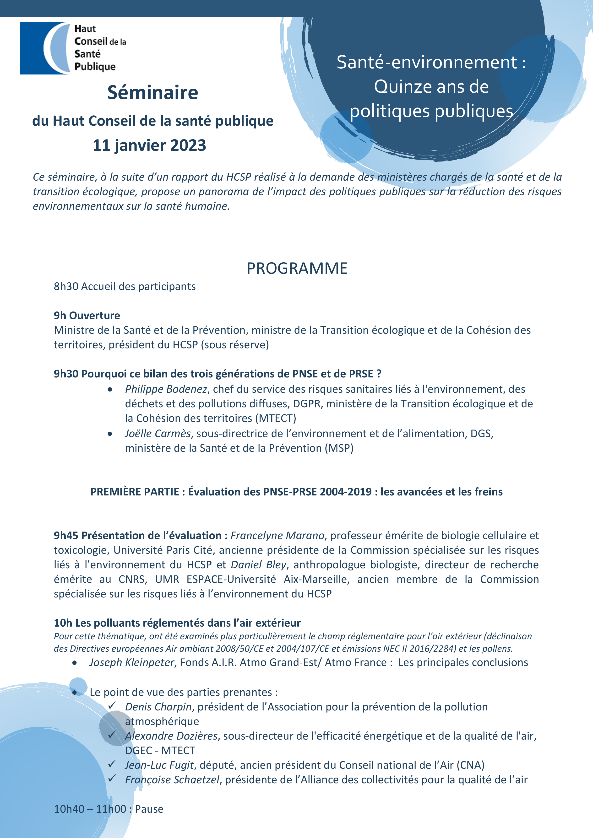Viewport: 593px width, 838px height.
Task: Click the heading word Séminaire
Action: coord(153,93)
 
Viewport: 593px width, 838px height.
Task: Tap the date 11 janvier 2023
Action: coord(149,145)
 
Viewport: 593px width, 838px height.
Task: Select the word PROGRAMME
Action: coord(297,268)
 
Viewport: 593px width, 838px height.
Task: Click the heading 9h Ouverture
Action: coord(87,315)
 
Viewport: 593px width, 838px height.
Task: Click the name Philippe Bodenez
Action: coord(166,389)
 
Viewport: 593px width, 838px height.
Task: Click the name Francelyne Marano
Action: coord(277,535)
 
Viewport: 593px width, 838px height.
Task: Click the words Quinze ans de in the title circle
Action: coord(431,87)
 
